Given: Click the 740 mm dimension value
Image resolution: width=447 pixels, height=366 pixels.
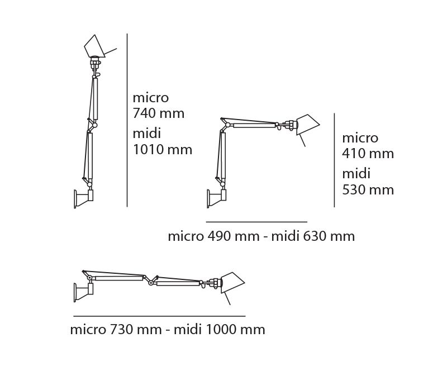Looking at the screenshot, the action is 159,113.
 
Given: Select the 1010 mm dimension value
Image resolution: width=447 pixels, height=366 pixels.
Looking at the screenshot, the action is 163,150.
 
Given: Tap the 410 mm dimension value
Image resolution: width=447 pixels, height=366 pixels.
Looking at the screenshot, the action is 368,154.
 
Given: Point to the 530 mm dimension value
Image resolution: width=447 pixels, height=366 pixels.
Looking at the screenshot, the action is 368,190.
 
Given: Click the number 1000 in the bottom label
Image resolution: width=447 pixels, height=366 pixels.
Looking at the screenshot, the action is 221,330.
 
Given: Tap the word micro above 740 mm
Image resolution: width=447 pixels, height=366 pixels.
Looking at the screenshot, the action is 151,98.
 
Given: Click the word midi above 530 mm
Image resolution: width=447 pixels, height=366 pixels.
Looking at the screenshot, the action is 356,174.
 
